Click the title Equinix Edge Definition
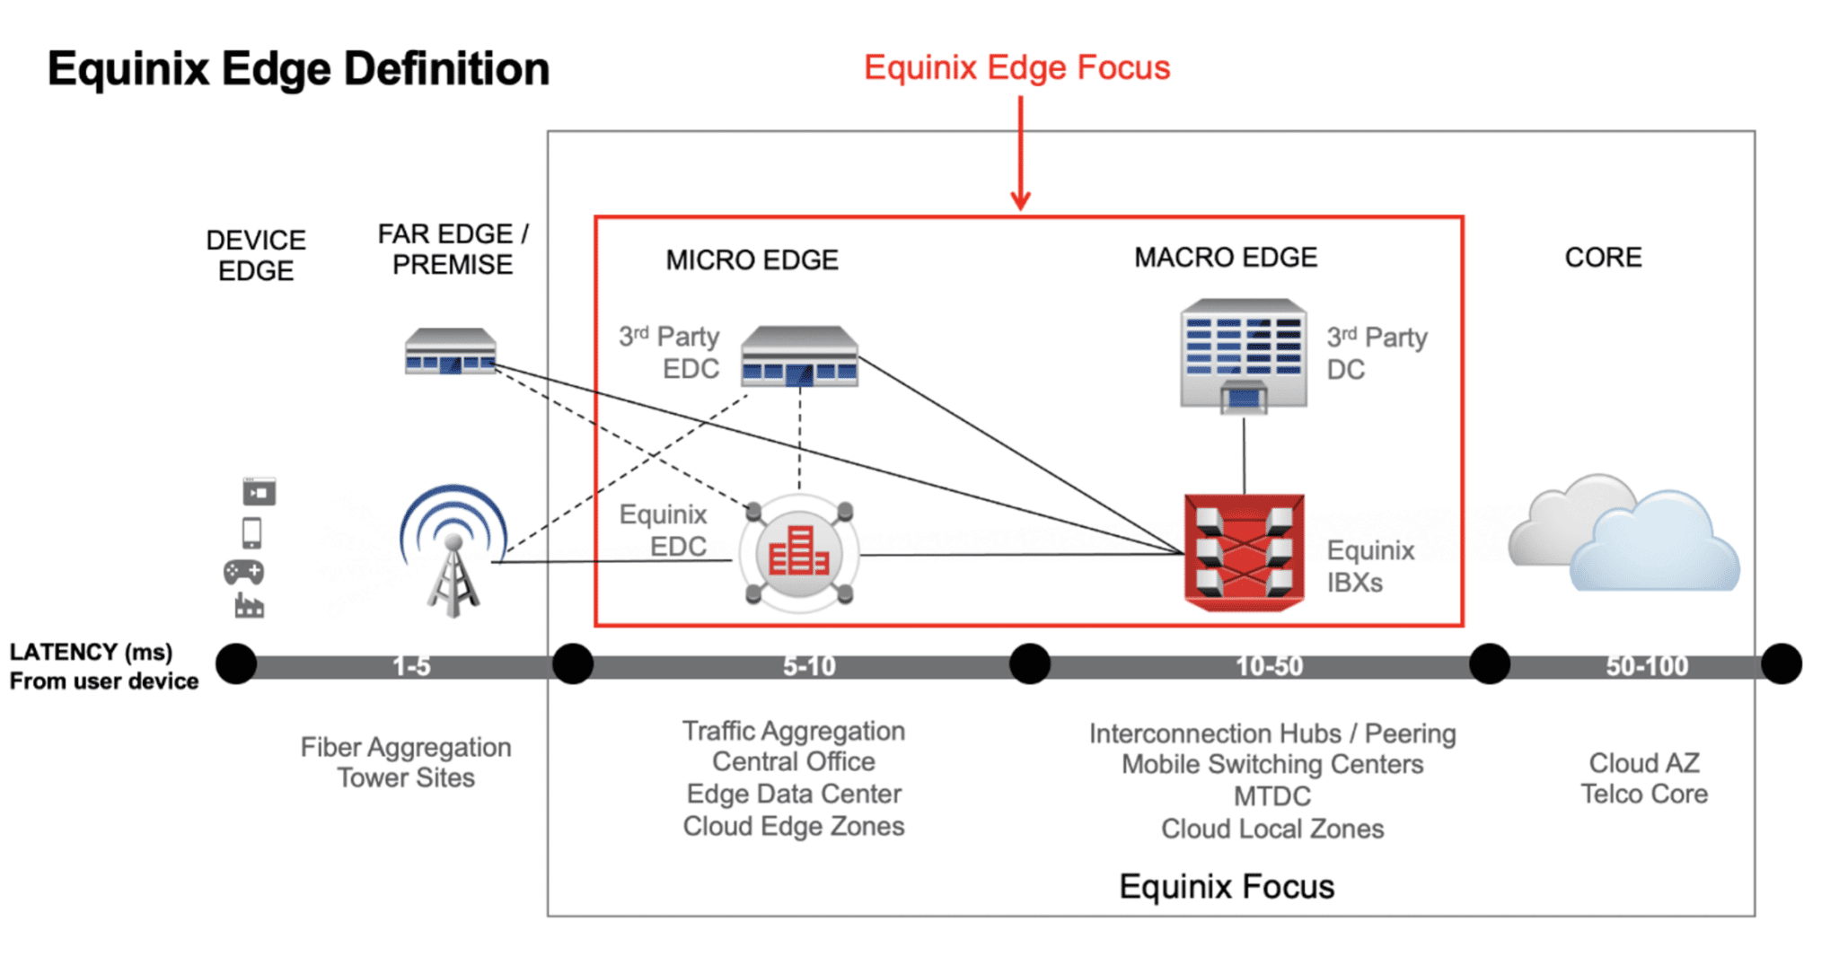[298, 69]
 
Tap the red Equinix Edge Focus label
[1016, 68]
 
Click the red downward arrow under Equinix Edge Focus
[1020, 153]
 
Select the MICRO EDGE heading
[752, 260]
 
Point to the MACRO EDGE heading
[1226, 258]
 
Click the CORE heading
[1603, 258]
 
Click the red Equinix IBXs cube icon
[1244, 551]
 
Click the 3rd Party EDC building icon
[799, 357]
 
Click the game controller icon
[243, 572]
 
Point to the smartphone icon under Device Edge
[252, 533]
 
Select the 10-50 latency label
[1269, 666]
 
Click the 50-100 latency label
[1647, 666]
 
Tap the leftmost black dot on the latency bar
[236, 664]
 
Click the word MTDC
[1271, 796]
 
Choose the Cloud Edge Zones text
[794, 826]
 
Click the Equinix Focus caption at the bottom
[1226, 887]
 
